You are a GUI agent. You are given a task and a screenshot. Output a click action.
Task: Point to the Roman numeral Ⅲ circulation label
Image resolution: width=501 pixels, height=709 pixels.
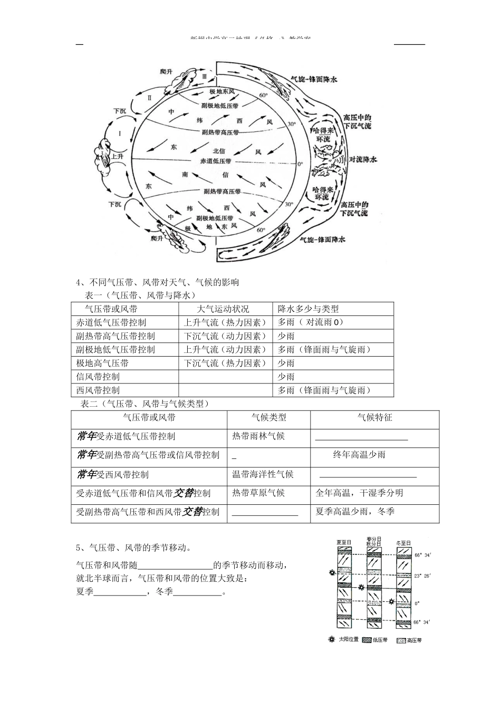[205, 76]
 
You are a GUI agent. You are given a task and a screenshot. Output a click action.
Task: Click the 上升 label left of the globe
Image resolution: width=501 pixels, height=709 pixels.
[117, 157]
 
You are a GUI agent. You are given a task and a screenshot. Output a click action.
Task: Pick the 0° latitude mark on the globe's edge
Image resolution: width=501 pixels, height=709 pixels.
[300, 164]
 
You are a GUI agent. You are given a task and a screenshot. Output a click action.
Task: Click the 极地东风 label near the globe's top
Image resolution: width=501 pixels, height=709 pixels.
[221, 92]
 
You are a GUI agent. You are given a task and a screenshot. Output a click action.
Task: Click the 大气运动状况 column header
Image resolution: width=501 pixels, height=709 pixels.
[223, 309]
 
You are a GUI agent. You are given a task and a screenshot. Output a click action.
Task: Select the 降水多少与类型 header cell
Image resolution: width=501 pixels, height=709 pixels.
[309, 309]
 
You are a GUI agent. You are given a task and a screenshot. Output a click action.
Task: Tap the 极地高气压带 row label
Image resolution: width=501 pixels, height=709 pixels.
[102, 363]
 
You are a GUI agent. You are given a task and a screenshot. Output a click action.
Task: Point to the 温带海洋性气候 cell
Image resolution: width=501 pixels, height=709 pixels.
[263, 474]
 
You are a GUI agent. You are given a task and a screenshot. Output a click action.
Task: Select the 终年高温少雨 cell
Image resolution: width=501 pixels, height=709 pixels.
[359, 455]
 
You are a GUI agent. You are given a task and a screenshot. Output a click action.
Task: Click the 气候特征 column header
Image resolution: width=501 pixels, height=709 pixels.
[374, 417]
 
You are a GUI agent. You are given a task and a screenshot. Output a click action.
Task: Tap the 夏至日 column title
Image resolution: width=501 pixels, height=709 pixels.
[344, 542]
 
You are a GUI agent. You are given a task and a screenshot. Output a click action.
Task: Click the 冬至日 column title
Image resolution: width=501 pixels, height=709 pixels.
[403, 542]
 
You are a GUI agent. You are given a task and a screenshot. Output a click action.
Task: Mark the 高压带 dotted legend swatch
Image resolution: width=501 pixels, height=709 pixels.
[401, 640]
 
